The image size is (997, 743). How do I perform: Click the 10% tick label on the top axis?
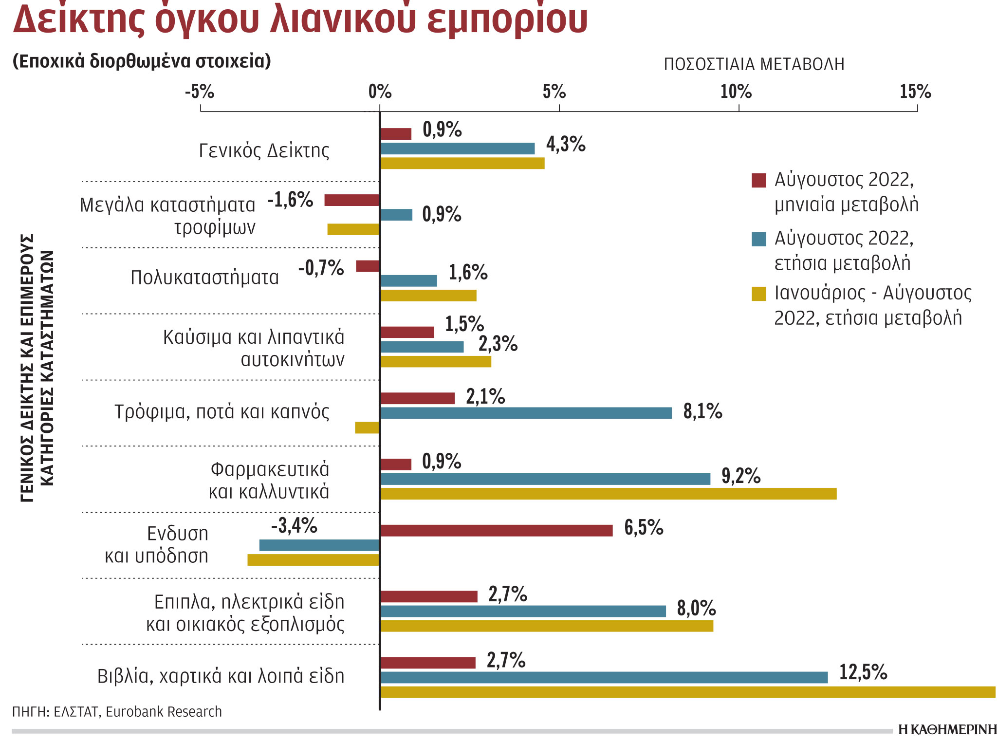(x=736, y=92)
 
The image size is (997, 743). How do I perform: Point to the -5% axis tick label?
(x=199, y=92)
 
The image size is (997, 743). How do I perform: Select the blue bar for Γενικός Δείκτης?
(x=457, y=149)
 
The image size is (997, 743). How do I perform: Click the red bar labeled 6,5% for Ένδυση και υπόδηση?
(x=496, y=530)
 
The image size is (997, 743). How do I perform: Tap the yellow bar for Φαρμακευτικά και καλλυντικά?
(x=608, y=494)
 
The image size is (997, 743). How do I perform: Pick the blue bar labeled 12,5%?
(x=604, y=677)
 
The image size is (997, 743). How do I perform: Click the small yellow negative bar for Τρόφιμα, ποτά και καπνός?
(x=367, y=427)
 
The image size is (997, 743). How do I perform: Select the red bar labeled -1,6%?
(x=351, y=200)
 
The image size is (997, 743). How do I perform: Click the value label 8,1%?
(x=702, y=412)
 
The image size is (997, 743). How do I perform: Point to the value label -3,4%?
(x=294, y=526)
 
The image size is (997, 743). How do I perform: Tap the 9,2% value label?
(x=740, y=476)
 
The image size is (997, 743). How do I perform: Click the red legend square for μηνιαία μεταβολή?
(x=758, y=180)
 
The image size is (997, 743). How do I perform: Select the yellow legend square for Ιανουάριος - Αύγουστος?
(x=758, y=294)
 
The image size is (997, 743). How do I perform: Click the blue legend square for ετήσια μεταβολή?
(x=758, y=239)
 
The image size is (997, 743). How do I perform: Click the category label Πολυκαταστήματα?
(x=204, y=278)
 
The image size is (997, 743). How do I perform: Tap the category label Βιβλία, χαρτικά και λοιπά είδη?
(x=221, y=676)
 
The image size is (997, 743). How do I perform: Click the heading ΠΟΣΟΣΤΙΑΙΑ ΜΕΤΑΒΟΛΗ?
(x=754, y=64)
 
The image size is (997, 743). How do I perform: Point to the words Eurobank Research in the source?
(x=164, y=712)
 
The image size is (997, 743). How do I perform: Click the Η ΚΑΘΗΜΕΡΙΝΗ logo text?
(x=947, y=729)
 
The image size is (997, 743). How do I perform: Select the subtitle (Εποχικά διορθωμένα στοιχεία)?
(x=142, y=61)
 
